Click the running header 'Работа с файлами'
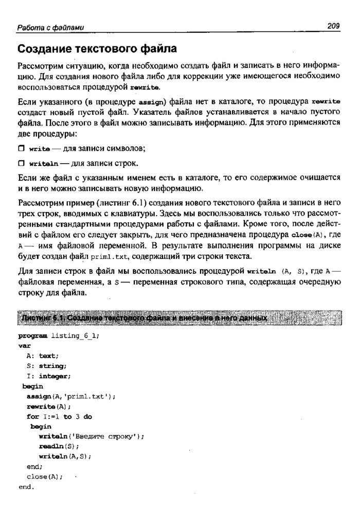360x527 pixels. (50, 27)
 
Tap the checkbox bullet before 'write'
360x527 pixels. (21, 149)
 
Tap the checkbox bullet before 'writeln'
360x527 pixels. (21, 164)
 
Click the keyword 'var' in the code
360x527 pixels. (24, 346)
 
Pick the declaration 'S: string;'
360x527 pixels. (47, 366)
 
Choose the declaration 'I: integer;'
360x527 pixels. (49, 376)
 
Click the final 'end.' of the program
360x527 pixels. (26, 486)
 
